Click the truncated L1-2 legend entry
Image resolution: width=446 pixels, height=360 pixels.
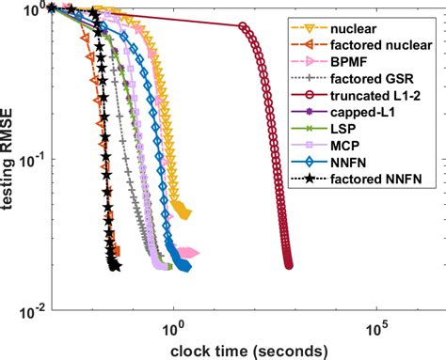(384, 91)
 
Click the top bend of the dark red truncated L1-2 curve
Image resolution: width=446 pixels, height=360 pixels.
(244, 27)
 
